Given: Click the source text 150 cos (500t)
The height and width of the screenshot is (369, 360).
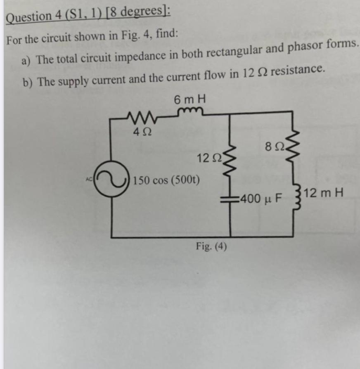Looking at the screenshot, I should (166, 180).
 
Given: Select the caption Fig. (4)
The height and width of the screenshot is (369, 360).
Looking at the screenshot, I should (211, 247).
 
